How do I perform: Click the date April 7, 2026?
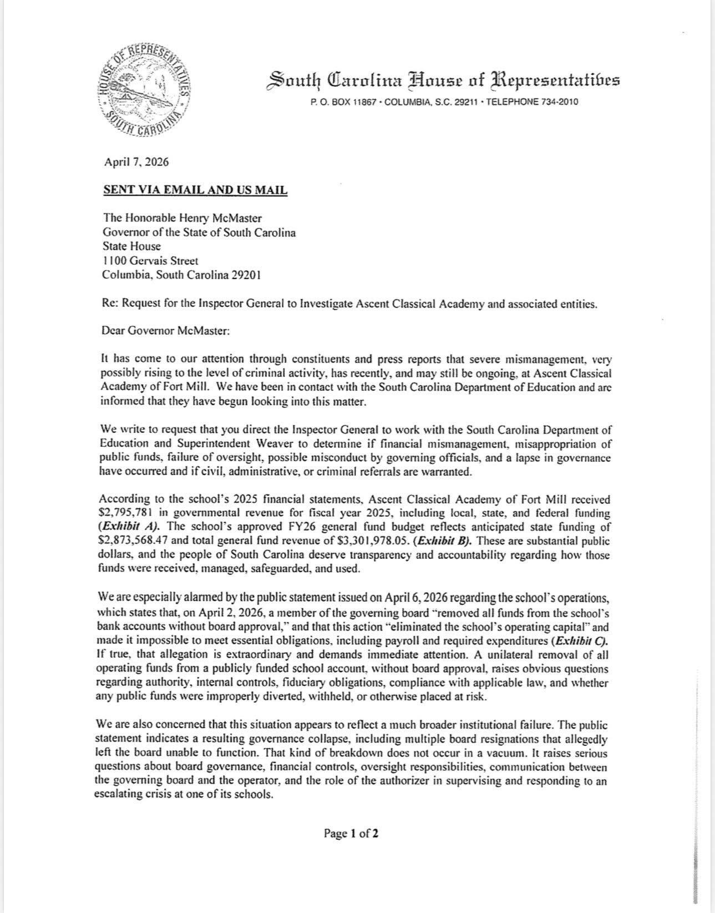(136, 163)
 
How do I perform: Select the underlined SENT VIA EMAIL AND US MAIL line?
(195, 190)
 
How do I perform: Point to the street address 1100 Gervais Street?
(150, 261)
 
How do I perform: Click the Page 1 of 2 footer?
(352, 833)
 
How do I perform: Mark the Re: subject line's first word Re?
(110, 304)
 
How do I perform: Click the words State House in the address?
(131, 246)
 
